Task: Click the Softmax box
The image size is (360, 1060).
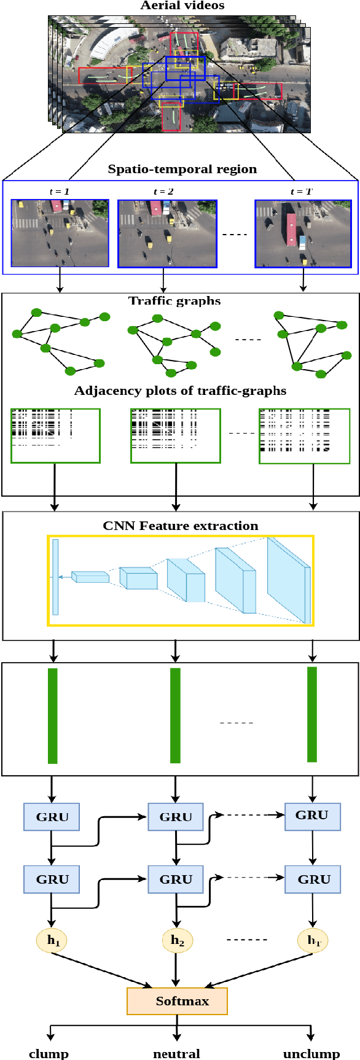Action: [177, 1001]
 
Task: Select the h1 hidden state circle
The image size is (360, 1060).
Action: [52, 940]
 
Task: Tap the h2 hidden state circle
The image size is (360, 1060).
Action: [178, 940]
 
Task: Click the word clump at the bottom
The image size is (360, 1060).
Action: [49, 1053]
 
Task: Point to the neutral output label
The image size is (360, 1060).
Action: [176, 1053]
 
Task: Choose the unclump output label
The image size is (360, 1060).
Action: [311, 1053]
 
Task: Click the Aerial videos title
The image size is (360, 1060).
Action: [182, 6]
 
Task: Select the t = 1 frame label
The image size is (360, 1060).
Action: [59, 192]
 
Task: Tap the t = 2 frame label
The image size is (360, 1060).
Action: [163, 192]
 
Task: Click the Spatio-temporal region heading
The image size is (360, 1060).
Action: [182, 170]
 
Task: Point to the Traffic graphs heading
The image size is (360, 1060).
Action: [174, 301]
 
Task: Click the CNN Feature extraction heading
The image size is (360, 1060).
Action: [181, 526]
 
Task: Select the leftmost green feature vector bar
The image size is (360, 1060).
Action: [53, 715]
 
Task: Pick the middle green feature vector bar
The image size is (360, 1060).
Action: [175, 715]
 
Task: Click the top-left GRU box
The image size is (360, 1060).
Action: [52, 817]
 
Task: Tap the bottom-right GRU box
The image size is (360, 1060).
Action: [313, 879]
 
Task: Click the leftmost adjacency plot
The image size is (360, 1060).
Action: [55, 435]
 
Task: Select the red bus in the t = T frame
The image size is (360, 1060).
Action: [291, 229]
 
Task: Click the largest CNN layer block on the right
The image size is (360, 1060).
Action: [288, 580]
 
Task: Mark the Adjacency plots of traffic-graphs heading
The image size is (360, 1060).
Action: [180, 391]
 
